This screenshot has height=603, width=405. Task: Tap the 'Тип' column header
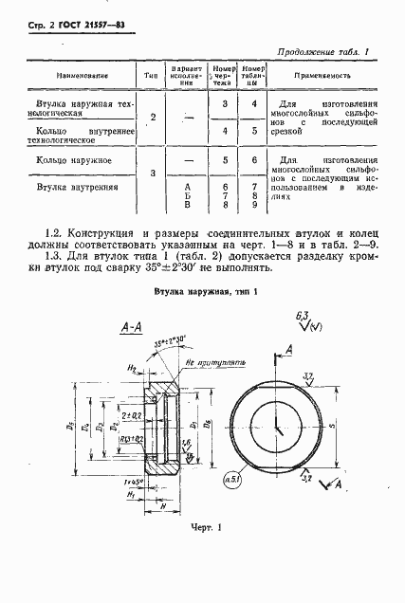(149, 73)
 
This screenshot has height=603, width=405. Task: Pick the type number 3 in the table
(152, 173)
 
